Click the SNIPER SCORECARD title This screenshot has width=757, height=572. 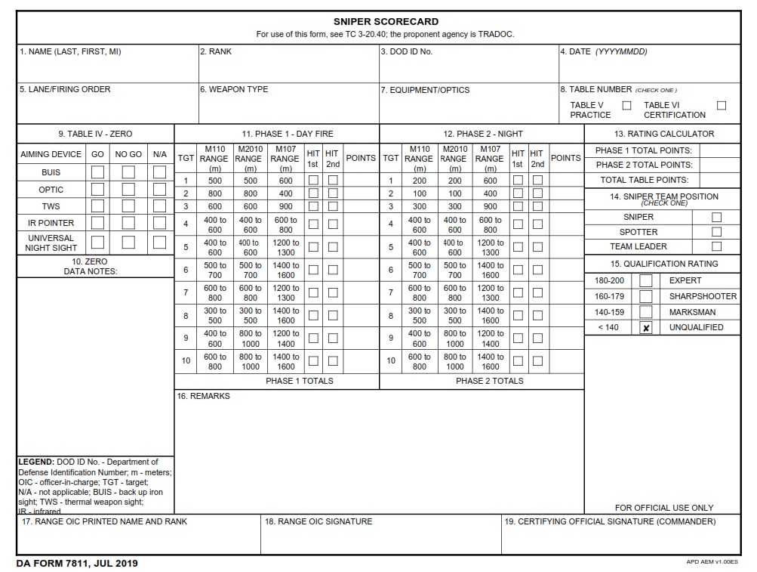click(386, 22)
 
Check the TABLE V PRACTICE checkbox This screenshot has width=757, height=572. click(626, 106)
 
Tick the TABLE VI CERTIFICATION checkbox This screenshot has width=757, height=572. click(722, 106)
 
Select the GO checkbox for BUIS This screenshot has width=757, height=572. click(97, 172)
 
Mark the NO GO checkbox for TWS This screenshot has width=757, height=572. click(128, 206)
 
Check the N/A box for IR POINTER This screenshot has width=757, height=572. click(159, 223)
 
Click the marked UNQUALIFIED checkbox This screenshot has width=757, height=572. click(646, 328)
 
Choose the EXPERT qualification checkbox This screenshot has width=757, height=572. click(646, 280)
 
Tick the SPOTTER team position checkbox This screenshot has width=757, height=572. click(716, 232)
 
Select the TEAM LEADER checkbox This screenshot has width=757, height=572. click(716, 246)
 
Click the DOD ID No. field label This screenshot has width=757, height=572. click(406, 52)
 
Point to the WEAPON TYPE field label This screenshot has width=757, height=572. click(234, 89)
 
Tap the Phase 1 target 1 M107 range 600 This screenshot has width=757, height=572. click(285, 181)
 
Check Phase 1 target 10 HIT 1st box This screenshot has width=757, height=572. click(313, 361)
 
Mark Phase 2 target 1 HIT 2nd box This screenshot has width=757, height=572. click(537, 181)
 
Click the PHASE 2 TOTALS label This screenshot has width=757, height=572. click(489, 381)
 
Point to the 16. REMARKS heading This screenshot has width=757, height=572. click(203, 396)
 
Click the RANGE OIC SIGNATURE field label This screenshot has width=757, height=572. click(318, 521)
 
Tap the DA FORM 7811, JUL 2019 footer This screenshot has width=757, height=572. click(77, 564)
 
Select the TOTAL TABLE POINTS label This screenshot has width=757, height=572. click(644, 181)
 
